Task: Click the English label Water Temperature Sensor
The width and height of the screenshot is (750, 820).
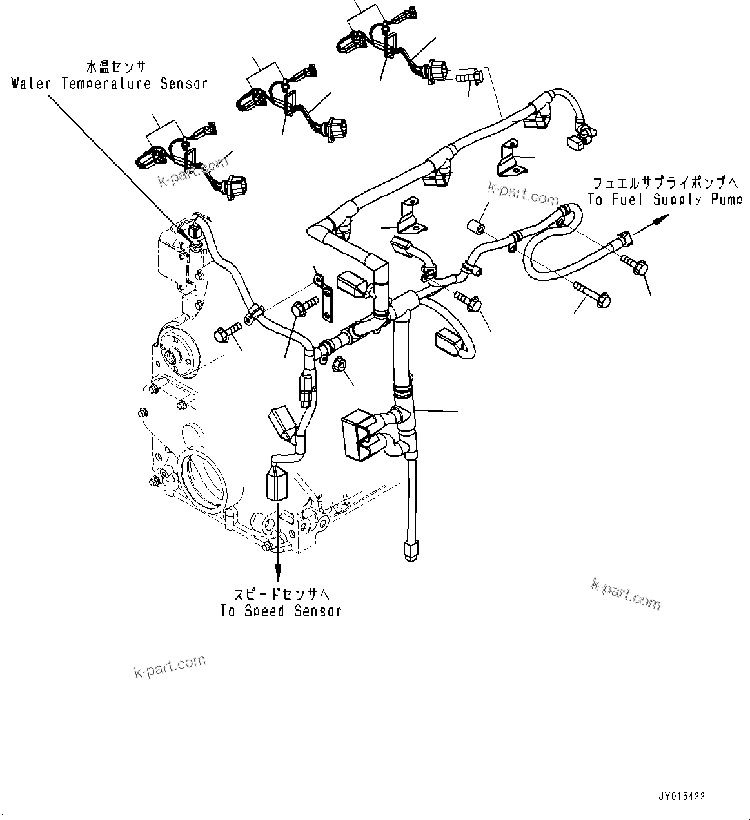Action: (110, 84)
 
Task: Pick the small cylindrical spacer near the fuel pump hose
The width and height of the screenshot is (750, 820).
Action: (475, 228)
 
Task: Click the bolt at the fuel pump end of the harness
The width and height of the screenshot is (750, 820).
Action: (635, 265)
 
